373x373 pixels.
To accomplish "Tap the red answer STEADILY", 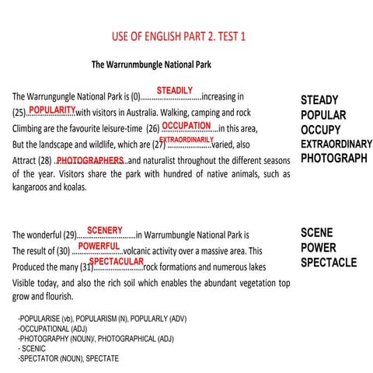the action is [x=174, y=91].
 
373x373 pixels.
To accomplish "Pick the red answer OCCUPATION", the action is [x=186, y=124].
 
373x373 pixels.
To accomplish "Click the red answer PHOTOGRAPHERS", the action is [x=91, y=159].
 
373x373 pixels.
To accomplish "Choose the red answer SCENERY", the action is [x=105, y=230].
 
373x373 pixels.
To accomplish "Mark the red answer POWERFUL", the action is [x=99, y=246].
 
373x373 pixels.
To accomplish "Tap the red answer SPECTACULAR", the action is [x=117, y=262].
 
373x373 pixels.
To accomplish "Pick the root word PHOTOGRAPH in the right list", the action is [x=334, y=158].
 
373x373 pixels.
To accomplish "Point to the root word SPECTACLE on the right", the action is [x=329, y=262].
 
